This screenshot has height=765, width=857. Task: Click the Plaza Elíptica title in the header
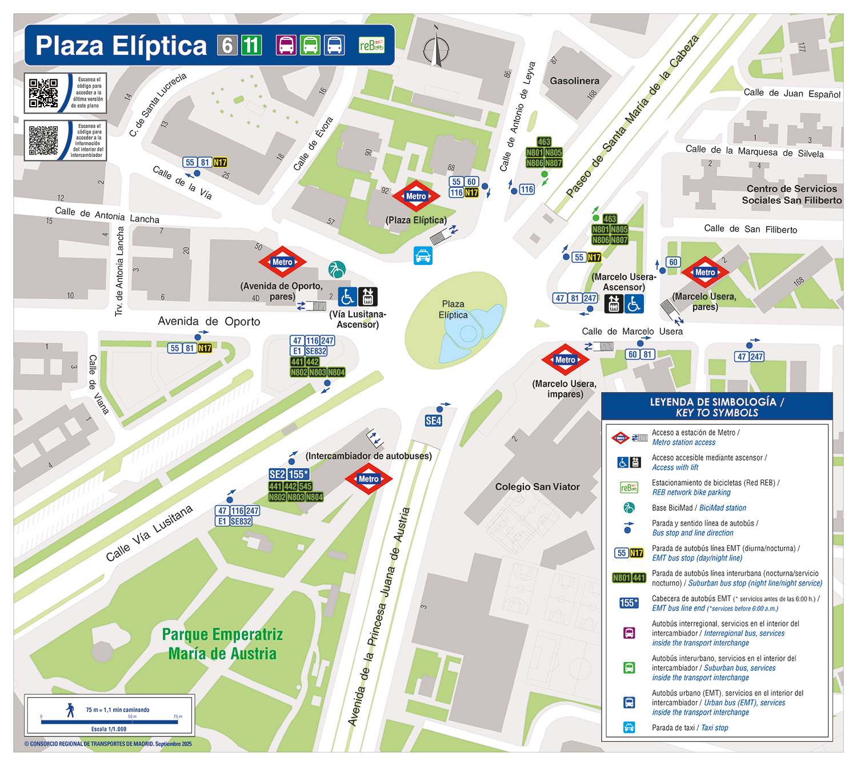pos(121,46)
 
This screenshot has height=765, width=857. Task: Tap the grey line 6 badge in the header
pos(227,45)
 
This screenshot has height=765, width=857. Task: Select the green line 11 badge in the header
pos(251,45)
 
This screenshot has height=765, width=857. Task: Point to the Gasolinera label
pos(574,81)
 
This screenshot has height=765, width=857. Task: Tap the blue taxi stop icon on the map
pos(423,256)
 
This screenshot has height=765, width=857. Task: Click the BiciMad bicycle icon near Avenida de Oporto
pos(337,269)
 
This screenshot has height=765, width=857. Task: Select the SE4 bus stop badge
pos(433,421)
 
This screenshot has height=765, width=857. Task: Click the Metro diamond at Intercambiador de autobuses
pos(369,479)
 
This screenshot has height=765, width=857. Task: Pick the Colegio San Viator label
pos(537,487)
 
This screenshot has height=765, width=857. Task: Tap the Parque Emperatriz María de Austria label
pos(222,644)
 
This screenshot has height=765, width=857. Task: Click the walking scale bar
pos(110,722)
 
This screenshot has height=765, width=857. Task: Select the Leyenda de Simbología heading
pos(716,407)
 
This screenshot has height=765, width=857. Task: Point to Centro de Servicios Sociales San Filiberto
pos(791,195)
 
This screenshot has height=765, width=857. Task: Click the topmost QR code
pos(43,93)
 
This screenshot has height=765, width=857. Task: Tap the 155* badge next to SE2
pos(298,474)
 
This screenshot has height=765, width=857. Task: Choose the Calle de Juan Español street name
pos(791,93)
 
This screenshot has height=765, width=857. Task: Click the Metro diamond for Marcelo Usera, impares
pos(565,360)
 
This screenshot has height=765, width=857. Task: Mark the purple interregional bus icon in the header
pos(286,45)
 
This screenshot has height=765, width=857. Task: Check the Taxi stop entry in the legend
pos(690,728)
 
